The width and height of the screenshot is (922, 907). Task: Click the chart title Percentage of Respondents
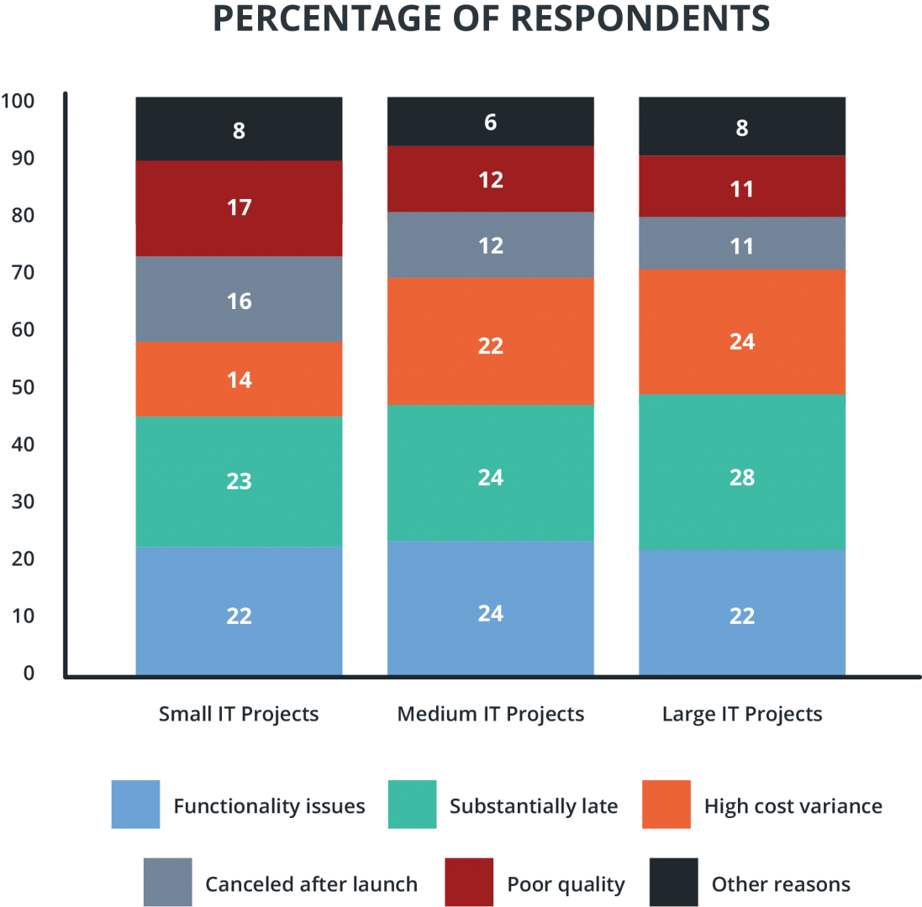point(491,18)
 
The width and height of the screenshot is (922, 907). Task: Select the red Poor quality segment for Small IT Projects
point(239,207)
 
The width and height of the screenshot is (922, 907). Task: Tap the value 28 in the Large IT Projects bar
point(742,477)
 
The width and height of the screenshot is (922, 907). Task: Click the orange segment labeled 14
point(239,380)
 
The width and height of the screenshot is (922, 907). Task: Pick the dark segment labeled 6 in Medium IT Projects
point(490,123)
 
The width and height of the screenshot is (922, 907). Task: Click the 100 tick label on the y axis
point(18,102)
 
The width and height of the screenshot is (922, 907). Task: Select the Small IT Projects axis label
point(239,714)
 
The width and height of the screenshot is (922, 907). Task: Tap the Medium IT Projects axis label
point(490,714)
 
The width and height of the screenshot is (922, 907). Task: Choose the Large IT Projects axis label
point(742,714)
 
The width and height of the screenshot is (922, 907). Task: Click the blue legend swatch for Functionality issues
point(135,805)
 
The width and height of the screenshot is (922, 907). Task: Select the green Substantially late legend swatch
point(412,805)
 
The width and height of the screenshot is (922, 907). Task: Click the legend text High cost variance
point(793,807)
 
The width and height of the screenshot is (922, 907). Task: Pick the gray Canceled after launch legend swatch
point(167,882)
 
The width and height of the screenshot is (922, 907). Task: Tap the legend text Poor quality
point(566,884)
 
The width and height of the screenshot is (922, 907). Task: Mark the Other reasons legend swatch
point(674,882)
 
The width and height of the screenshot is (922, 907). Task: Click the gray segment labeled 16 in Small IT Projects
point(239,300)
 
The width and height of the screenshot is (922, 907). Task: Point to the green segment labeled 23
point(239,481)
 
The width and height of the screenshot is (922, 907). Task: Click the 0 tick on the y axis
point(29,674)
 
